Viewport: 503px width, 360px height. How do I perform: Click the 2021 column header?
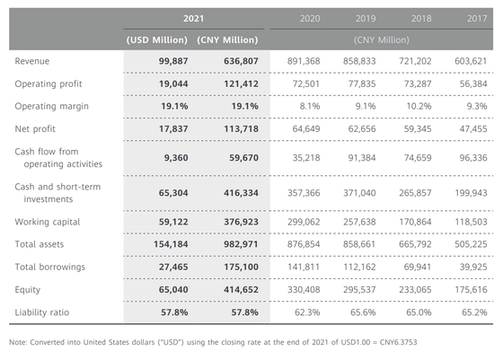click(x=193, y=19)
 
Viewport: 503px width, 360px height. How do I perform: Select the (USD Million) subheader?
click(x=157, y=40)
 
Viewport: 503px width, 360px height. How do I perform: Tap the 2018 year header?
click(x=421, y=19)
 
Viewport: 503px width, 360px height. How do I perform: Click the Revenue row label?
click(x=32, y=61)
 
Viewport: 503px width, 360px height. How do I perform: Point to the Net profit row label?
click(x=35, y=129)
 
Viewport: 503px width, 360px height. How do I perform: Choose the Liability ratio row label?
click(x=42, y=312)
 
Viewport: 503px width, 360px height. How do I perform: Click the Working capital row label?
click(x=47, y=222)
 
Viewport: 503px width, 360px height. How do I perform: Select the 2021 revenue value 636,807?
click(x=241, y=61)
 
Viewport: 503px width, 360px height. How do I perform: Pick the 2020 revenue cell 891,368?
click(x=304, y=61)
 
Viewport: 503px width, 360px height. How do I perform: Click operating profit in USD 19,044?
click(x=173, y=84)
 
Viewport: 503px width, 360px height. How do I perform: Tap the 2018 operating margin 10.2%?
click(x=419, y=107)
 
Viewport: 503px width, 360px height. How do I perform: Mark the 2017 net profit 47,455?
click(x=473, y=129)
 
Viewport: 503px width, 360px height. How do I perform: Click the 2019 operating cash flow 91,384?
click(x=362, y=158)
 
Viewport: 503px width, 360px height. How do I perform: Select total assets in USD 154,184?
click(x=171, y=244)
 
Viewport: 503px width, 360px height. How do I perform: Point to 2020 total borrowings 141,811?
click(x=304, y=267)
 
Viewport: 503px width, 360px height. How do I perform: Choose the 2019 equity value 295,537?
click(x=359, y=290)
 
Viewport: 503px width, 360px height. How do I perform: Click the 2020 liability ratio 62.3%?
click(x=307, y=312)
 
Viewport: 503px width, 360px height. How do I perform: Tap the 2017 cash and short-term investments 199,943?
click(x=471, y=193)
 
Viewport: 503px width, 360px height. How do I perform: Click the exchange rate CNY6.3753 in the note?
click(x=399, y=342)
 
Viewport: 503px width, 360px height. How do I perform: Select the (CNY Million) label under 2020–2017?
click(x=382, y=40)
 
